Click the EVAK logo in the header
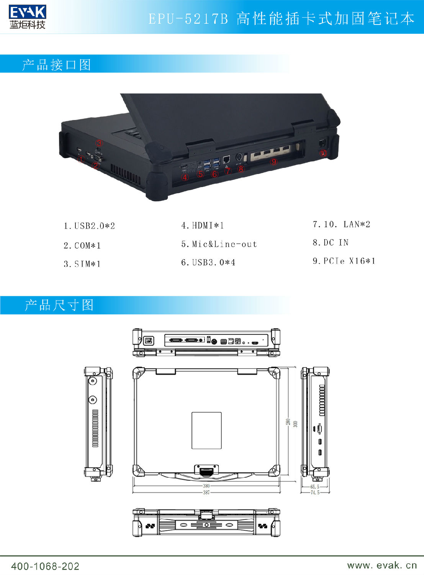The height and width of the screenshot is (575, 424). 27,17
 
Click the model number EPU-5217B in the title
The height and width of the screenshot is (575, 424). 188,19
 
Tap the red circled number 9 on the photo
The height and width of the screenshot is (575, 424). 273,161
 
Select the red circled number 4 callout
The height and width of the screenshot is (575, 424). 185,177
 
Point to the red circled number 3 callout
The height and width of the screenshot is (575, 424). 99,143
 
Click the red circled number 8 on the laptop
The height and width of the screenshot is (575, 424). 241,168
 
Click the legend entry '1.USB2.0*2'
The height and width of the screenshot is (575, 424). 89,226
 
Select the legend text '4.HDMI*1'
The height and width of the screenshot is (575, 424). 203,225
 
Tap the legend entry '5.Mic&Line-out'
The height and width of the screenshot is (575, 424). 219,244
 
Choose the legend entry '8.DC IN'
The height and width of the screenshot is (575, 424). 331,243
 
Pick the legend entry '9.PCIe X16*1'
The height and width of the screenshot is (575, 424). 344,261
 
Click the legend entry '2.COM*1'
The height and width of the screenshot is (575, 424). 82,245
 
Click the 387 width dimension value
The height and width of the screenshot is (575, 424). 206,492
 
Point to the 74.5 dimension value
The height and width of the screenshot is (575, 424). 315,493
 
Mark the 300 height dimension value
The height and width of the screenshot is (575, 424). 295,424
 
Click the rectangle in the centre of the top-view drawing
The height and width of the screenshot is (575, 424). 206,430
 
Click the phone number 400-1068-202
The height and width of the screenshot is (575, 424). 45,566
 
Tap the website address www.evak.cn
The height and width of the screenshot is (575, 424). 382,565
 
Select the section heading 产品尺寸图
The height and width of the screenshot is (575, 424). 59,305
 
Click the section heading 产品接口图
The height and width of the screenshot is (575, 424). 57,65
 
